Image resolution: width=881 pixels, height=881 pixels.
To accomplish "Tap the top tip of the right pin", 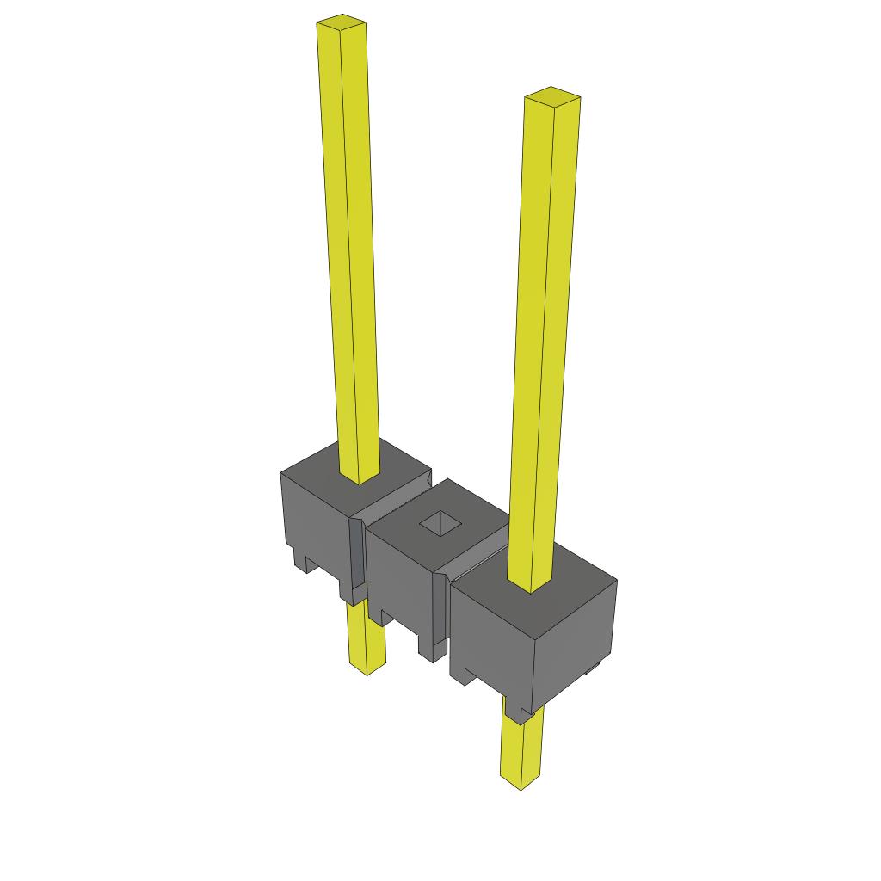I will (x=551, y=94).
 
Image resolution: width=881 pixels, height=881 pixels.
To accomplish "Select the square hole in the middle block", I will (x=439, y=522).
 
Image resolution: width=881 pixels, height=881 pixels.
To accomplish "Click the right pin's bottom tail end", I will (x=521, y=779).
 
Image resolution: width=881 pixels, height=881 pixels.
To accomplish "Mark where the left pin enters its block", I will (x=360, y=477).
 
